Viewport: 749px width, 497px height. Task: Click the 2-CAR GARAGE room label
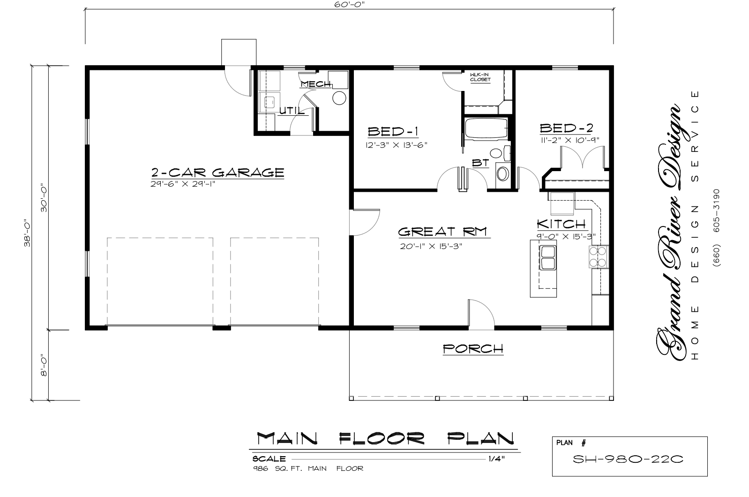(217, 173)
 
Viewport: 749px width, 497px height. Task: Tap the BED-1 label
(393, 132)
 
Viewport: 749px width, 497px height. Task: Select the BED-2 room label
(566, 128)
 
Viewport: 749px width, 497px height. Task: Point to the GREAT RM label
(442, 232)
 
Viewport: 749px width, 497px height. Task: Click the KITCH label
(561, 224)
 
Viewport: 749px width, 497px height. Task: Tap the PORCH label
(473, 349)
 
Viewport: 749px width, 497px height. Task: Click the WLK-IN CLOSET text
(480, 77)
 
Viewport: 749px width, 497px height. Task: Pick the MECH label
(315, 84)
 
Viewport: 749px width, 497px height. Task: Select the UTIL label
(292, 111)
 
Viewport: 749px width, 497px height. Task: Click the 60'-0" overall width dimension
(349, 4)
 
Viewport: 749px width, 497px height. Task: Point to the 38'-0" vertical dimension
(27, 233)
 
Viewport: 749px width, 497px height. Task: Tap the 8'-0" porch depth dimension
(44, 365)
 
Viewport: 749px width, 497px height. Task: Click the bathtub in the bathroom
(487, 128)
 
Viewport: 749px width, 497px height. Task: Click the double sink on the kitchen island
(548, 257)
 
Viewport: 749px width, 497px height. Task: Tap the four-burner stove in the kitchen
(599, 256)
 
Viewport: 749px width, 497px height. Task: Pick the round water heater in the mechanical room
(339, 98)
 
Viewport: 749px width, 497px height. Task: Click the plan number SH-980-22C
(628, 459)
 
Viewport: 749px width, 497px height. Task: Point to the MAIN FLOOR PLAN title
(385, 438)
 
